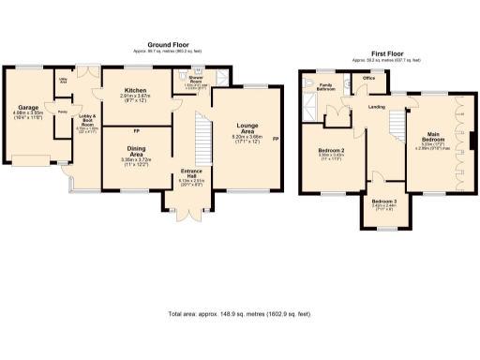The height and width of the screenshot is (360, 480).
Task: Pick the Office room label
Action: pos(369,79)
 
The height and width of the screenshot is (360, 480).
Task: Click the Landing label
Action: pos(378,107)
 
